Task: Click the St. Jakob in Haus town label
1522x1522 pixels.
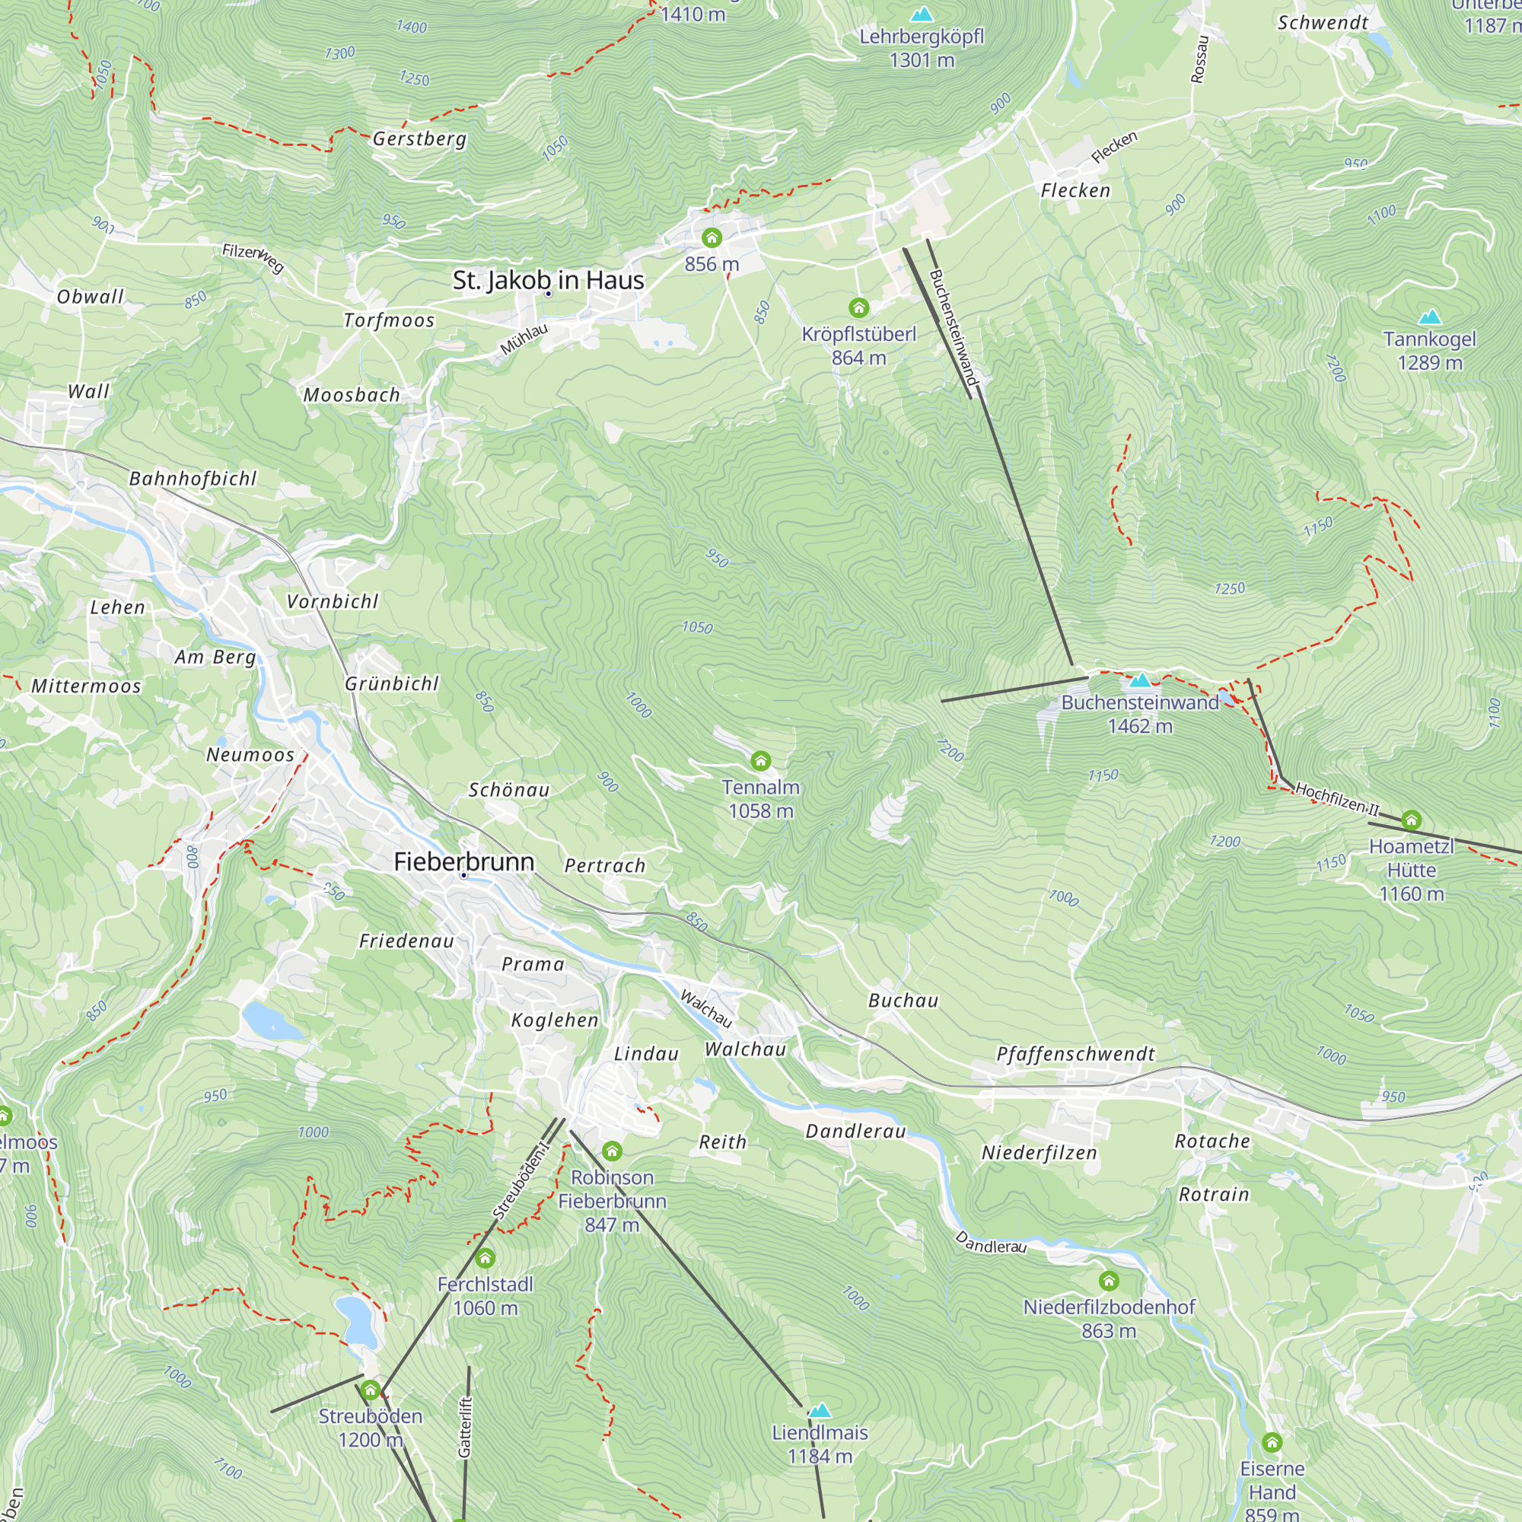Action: point(548,281)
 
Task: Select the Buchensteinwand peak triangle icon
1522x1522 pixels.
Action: point(1140,680)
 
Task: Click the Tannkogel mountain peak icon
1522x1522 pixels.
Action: point(1430,317)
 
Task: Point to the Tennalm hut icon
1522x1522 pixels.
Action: point(760,760)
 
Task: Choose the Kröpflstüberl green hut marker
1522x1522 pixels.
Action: point(858,307)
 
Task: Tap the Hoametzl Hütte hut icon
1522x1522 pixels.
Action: point(1412,820)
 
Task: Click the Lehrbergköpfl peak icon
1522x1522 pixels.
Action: point(921,14)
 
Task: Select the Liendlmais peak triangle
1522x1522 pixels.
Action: point(820,1410)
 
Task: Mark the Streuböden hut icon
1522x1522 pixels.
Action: point(371,1390)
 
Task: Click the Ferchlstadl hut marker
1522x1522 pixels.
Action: point(486,1258)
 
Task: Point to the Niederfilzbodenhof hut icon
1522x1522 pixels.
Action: point(1110,1281)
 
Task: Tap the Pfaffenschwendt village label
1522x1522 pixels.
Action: point(1075,1054)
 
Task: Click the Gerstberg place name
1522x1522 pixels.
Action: point(419,139)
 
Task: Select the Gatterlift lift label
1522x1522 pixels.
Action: point(465,1427)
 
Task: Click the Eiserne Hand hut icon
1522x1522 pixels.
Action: point(1272,1442)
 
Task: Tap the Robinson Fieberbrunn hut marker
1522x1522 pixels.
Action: point(612,1151)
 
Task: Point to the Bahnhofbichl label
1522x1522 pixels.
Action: point(193,478)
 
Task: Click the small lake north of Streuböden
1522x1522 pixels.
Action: point(357,1321)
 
